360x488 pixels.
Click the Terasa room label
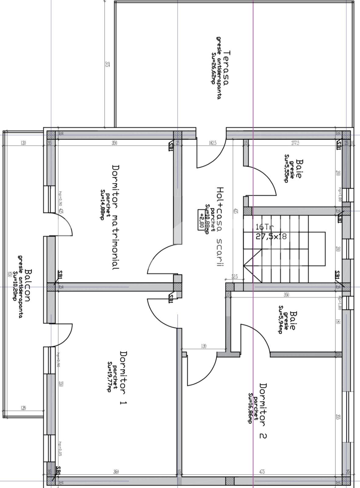[x=226, y=67]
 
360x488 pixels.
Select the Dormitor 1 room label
[x=123, y=378]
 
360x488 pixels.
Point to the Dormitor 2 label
[x=263, y=411]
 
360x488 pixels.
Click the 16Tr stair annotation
[x=265, y=227]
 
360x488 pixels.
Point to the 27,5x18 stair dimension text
[x=271, y=236]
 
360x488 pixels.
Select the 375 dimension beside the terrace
[x=107, y=64]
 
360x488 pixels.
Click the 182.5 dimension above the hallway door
[x=212, y=143]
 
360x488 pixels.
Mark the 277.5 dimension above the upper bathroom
[x=295, y=143]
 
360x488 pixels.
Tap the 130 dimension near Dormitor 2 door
[x=203, y=346]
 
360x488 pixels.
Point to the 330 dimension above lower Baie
[x=286, y=295]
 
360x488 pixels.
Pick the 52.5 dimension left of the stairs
[x=234, y=277]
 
